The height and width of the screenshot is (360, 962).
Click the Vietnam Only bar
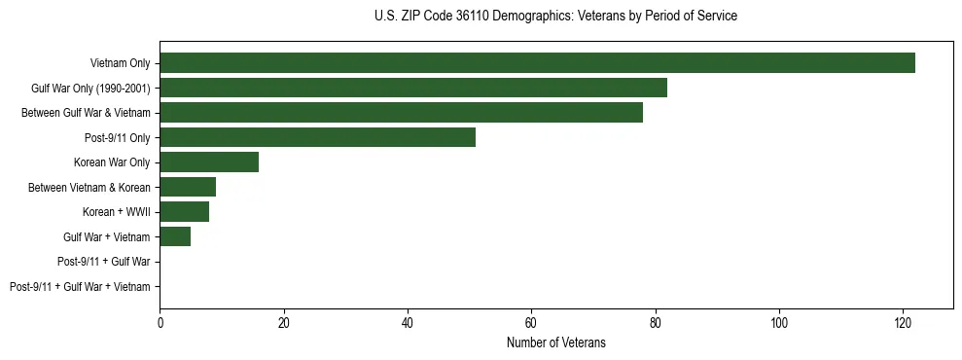point(537,63)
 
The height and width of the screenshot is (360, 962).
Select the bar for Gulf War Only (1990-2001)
point(413,88)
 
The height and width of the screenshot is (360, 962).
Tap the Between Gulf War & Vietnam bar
point(401,113)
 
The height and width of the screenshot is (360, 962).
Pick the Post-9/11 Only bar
point(317,137)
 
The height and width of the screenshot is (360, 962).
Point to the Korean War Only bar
point(209,162)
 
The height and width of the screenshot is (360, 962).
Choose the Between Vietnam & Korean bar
point(188,187)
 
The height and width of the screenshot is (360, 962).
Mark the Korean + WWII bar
point(185,212)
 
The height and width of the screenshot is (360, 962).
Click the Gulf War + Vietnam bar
point(175,236)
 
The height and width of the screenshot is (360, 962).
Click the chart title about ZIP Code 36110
point(555,17)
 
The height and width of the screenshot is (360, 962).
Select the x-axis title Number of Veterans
point(555,342)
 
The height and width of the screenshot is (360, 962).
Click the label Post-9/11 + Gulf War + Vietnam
point(80,287)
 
